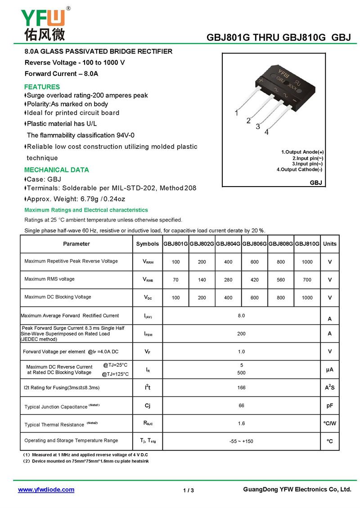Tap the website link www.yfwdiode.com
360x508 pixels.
click(46, 490)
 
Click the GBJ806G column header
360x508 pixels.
click(255, 244)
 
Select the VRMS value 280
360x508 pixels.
click(228, 280)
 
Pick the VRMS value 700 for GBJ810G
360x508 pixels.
click(307, 280)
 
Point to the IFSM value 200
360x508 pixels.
click(242, 334)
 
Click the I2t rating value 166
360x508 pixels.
click(242, 388)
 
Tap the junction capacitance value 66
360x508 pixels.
click(242, 406)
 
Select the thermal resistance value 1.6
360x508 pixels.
click(242, 423)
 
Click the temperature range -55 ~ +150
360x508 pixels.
click(242, 441)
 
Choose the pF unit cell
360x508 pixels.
click(330, 406)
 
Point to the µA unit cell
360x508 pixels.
click(330, 370)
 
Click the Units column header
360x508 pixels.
click(330, 244)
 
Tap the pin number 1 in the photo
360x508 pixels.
click(237, 113)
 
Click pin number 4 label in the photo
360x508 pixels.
click(266, 132)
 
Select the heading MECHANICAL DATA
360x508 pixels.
click(57, 170)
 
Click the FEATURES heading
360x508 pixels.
click(42, 87)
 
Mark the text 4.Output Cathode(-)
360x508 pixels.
click(299, 169)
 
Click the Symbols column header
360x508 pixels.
click(148, 244)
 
